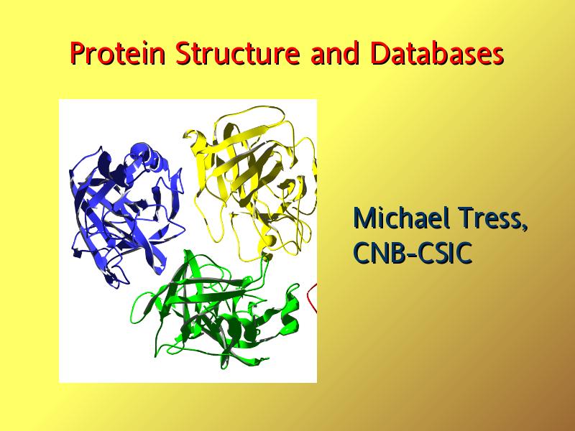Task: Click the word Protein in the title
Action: pos(117,53)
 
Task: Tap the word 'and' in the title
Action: pos(334,53)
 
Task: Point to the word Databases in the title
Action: pos(437,53)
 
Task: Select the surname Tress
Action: pos(491,218)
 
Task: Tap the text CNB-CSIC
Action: pos(412,253)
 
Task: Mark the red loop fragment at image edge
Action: pos(311,297)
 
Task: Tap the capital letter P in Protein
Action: pos(78,53)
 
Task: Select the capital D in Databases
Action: pos(379,53)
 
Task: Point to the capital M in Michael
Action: pos(364,218)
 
